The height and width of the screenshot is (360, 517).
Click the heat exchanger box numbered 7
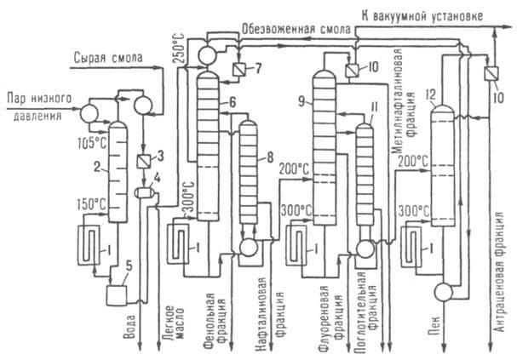tap(238, 68)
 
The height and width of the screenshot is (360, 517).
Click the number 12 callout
tap(436, 92)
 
